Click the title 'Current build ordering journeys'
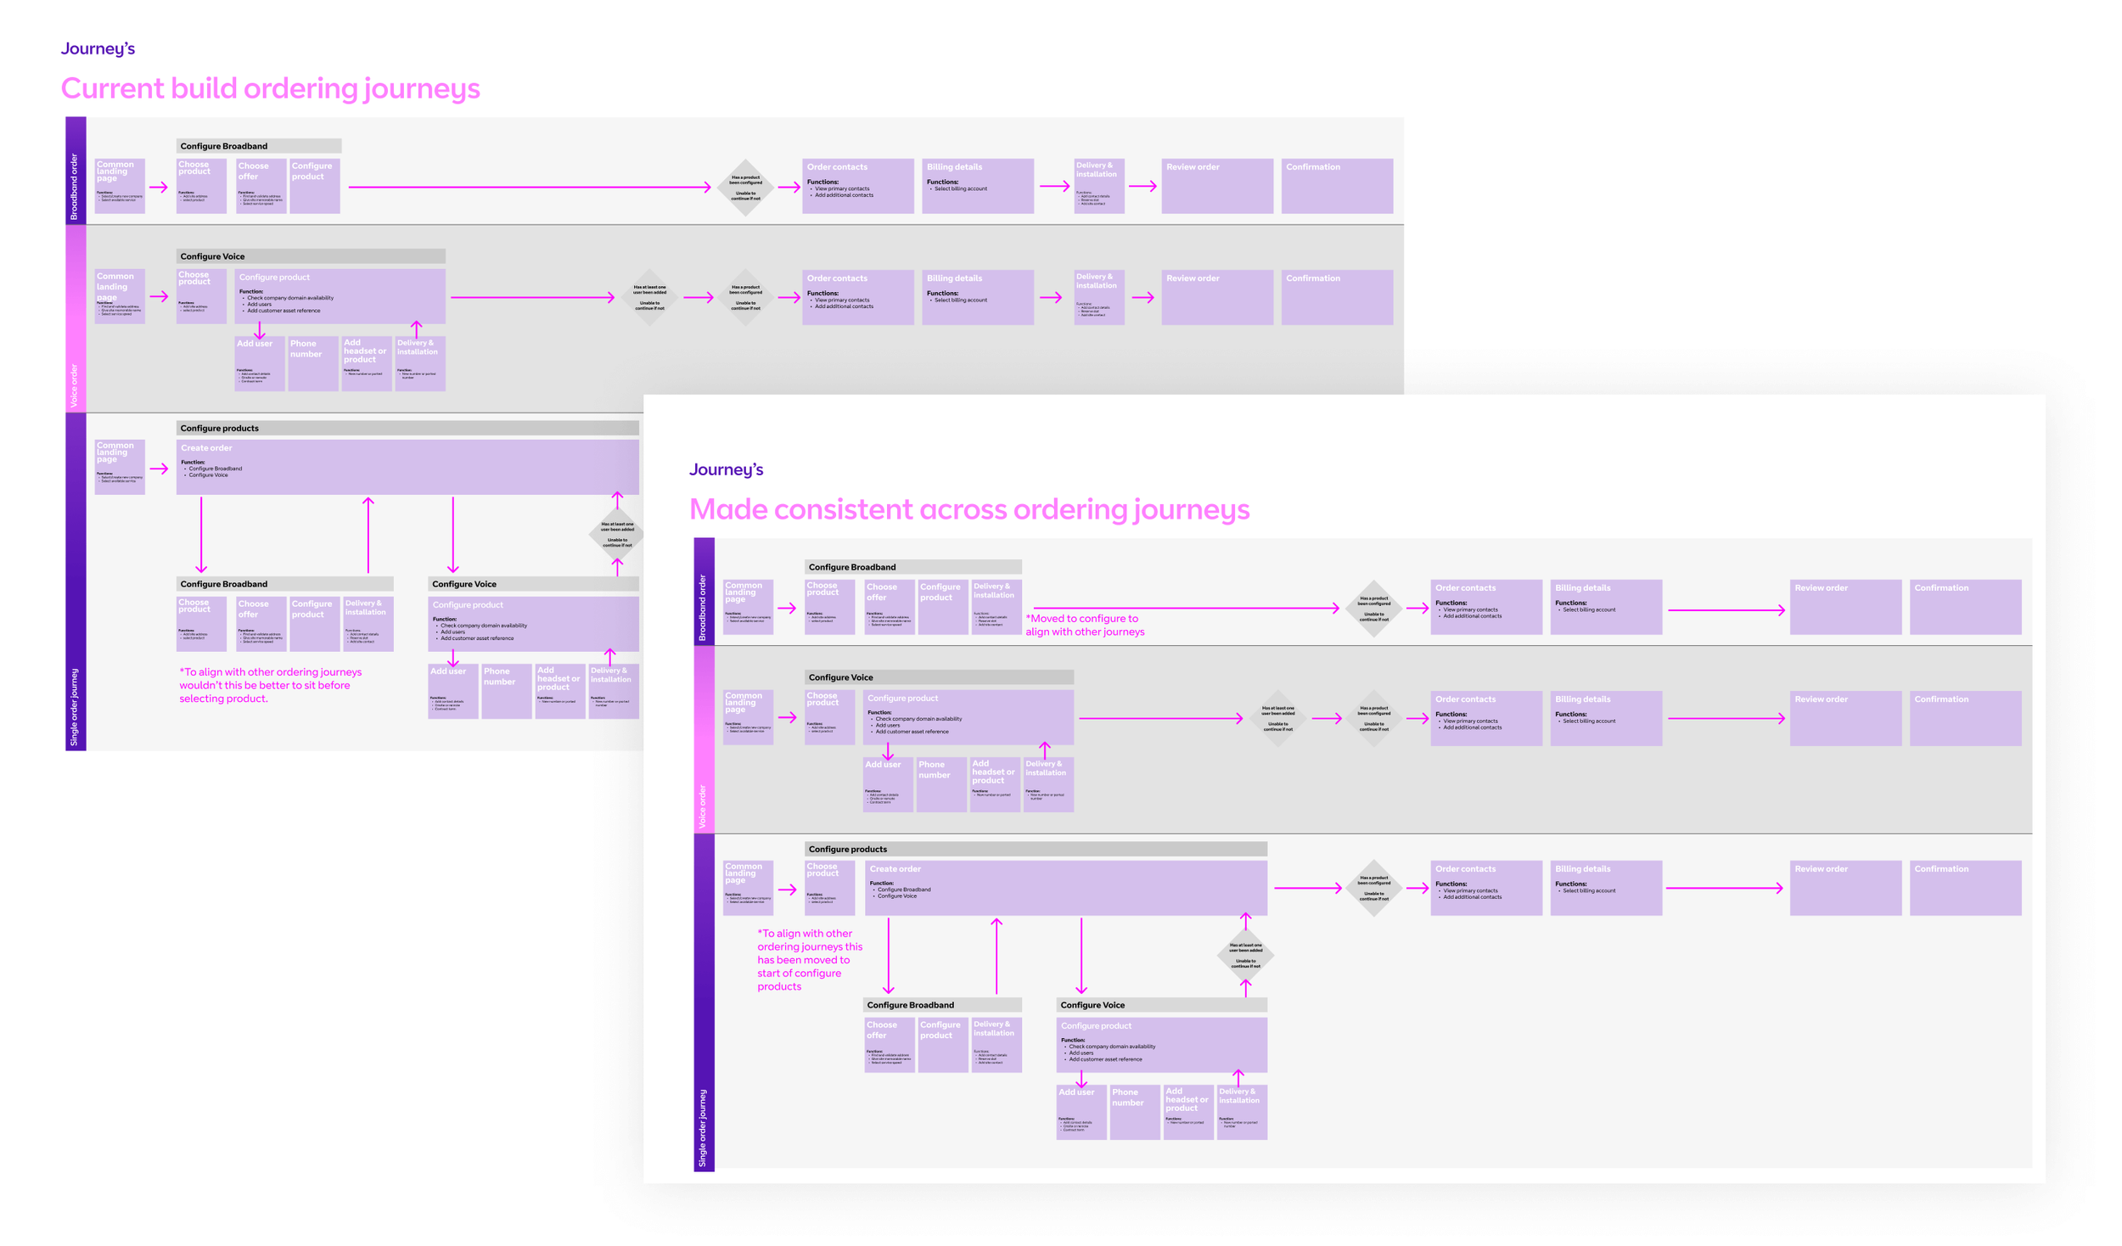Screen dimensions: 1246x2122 point(270,88)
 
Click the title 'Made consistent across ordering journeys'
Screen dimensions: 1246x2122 point(968,509)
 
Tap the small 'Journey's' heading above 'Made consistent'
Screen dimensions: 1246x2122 point(726,469)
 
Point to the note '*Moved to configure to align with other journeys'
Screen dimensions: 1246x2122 point(1084,625)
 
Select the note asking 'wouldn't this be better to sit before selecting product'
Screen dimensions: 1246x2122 point(270,685)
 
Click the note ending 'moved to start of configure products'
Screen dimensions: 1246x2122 point(809,959)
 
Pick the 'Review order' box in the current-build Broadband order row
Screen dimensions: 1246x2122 point(1216,185)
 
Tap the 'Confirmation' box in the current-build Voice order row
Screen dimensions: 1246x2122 point(1336,296)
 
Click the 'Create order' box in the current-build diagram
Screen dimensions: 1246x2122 point(407,466)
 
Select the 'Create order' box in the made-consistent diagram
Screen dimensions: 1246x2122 point(1065,887)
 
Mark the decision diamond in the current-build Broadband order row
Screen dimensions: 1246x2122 point(745,188)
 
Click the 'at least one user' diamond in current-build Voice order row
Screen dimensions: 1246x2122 point(649,297)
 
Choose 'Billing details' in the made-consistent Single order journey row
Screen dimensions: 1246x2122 point(1605,887)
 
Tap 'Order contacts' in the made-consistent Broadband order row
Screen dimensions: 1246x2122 point(1485,606)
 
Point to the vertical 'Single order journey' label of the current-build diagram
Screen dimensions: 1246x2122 point(75,706)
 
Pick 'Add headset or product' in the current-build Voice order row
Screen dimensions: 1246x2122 point(366,363)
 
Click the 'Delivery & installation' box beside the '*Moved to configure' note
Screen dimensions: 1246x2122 point(996,606)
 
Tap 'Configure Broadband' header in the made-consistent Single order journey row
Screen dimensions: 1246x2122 point(941,1005)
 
